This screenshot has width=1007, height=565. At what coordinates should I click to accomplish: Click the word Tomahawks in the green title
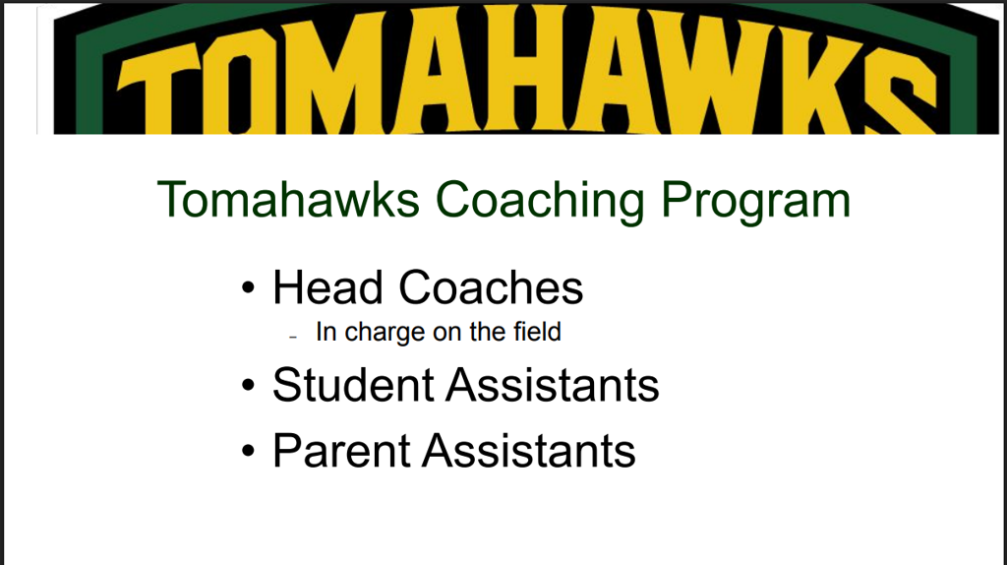tap(288, 199)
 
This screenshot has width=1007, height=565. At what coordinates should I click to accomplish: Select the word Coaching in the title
tap(540, 202)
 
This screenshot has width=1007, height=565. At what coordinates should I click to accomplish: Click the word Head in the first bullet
tap(328, 287)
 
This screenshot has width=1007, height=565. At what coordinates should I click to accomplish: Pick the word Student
tap(353, 385)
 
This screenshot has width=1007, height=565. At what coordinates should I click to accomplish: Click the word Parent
tap(341, 451)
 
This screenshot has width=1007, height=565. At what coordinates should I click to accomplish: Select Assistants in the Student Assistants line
tap(553, 385)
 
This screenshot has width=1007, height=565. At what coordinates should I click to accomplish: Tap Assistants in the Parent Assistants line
tap(529, 451)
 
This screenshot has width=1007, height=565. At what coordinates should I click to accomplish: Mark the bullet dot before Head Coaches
tap(249, 287)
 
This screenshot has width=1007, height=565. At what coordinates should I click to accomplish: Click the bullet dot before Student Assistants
tap(249, 385)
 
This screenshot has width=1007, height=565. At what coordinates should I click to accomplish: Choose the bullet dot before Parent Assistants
tap(249, 451)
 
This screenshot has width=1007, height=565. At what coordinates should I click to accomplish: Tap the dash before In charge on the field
tap(293, 337)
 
